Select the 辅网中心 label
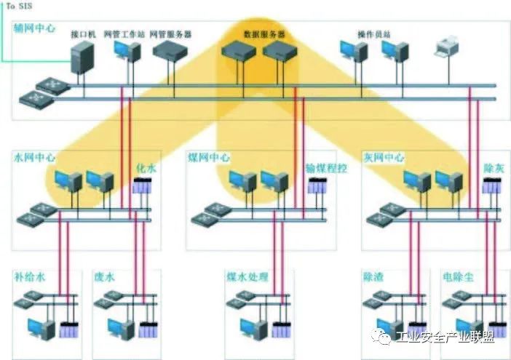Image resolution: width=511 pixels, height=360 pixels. tap(35, 29)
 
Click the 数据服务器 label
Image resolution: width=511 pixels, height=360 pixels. tap(264, 34)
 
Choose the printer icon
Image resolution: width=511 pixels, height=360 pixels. tap(444, 49)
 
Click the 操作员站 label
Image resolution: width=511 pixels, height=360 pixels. tap(373, 34)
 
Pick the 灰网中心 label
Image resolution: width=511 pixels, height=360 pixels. tap(383, 157)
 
